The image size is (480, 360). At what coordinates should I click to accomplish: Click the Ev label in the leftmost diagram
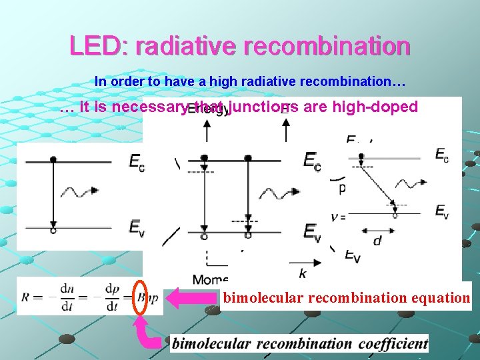(136, 227)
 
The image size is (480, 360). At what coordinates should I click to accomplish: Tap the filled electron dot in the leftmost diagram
(53, 160)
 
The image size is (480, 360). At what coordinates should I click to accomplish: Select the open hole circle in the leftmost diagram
(53, 230)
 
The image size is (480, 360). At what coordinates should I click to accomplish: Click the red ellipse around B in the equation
(140, 297)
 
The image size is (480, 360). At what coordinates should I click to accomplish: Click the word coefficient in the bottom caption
(393, 343)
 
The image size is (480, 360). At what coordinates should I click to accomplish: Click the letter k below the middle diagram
(302, 273)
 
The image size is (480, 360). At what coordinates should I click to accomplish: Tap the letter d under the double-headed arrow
(377, 240)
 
